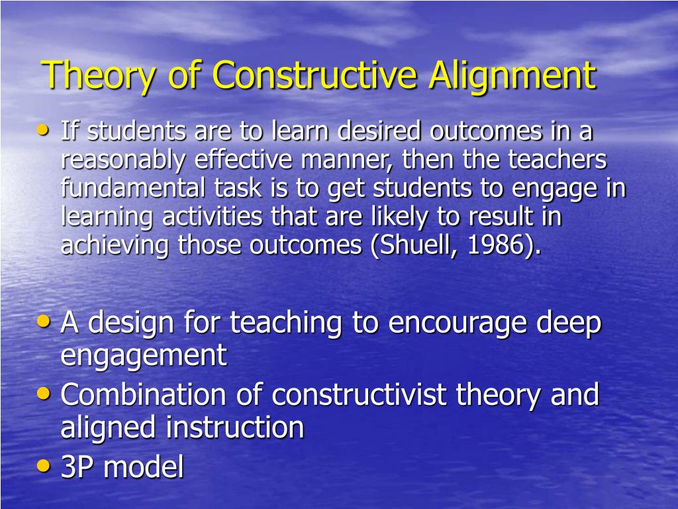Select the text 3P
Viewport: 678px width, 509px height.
point(77,468)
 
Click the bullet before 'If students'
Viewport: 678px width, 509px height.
point(44,130)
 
